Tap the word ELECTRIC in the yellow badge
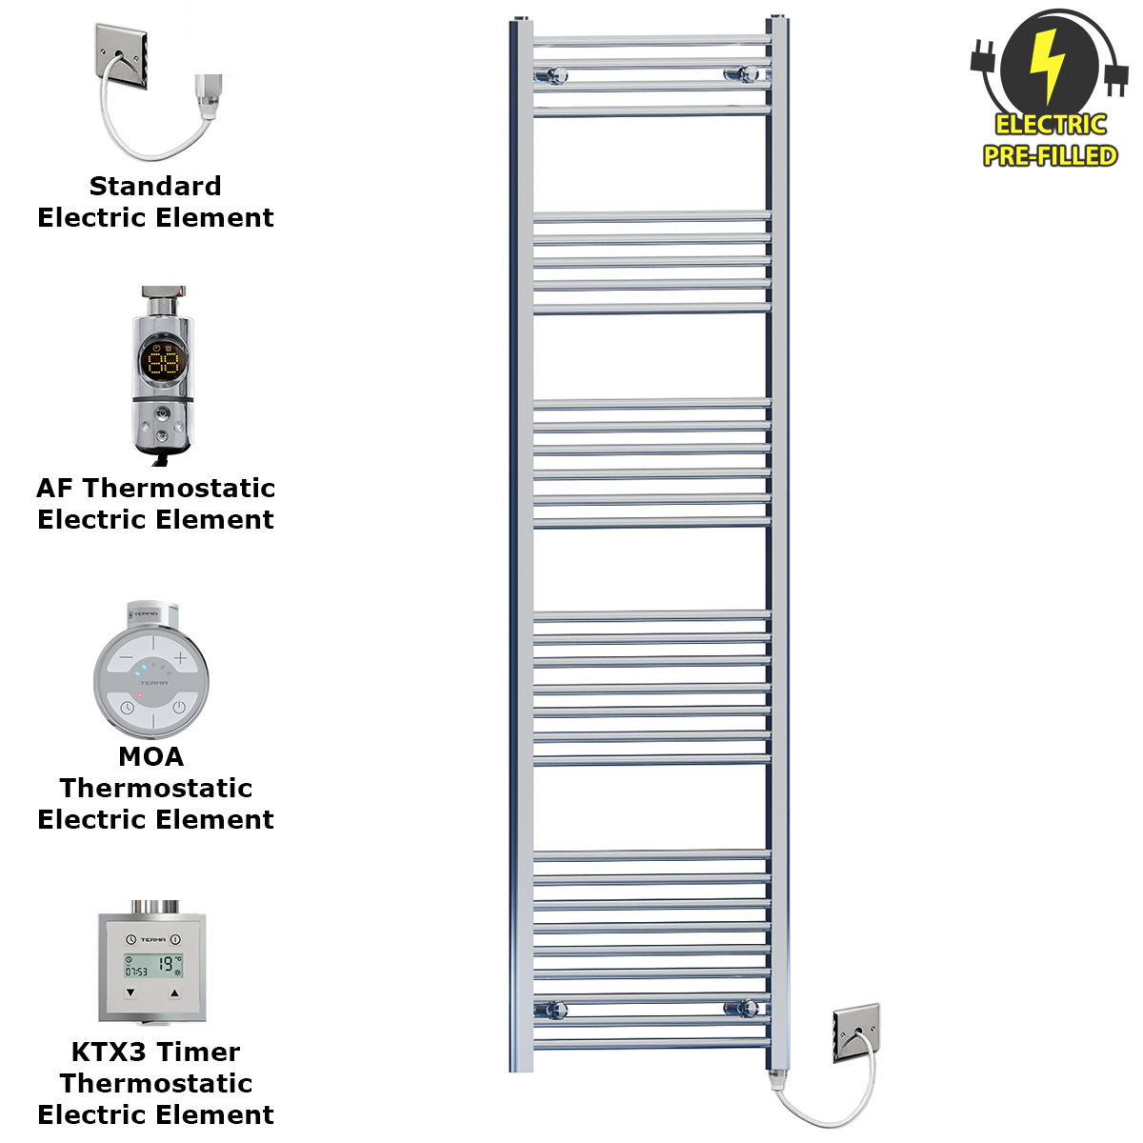pyautogui.click(x=1051, y=125)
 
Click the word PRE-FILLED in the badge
pyautogui.click(x=1050, y=155)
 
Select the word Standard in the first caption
pyautogui.click(x=155, y=186)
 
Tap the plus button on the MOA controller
pyautogui.click(x=180, y=658)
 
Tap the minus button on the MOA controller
pyautogui.click(x=127, y=658)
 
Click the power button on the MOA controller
pyautogui.click(x=179, y=707)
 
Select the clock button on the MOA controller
pyautogui.click(x=127, y=707)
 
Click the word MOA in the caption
pyautogui.click(x=151, y=756)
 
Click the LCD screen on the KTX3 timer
pyautogui.click(x=153, y=966)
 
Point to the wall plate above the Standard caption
pyautogui.click(x=121, y=56)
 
